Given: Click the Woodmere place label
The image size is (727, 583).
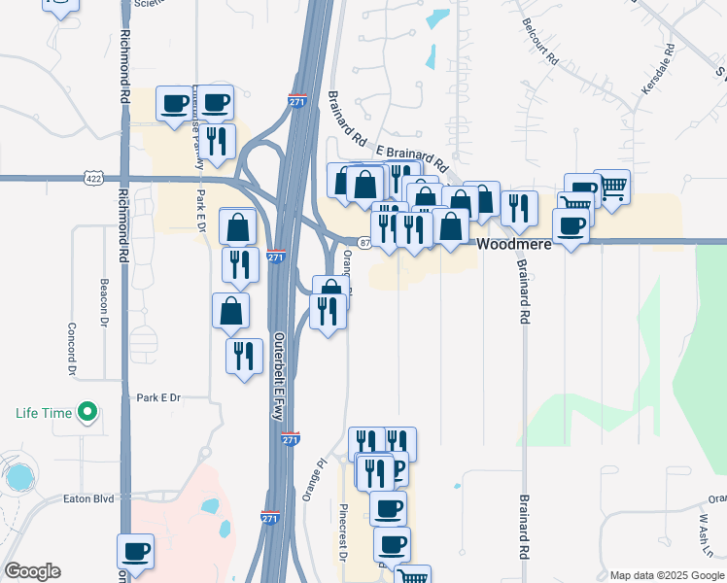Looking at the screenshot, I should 514,245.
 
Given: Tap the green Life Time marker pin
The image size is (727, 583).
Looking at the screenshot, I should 87,413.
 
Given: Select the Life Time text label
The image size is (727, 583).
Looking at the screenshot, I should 44,413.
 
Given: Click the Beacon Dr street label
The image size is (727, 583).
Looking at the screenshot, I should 103,293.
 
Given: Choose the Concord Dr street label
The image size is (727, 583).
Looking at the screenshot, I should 71,350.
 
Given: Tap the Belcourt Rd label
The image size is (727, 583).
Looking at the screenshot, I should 540,42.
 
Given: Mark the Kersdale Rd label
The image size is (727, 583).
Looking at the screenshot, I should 658,68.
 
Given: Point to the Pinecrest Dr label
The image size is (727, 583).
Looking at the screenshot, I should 343,532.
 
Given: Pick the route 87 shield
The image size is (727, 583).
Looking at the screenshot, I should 363,243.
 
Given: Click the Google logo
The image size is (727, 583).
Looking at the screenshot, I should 32,571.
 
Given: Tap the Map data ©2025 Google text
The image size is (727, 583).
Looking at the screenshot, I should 667,575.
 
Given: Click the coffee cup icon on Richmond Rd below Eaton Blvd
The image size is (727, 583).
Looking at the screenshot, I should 136,552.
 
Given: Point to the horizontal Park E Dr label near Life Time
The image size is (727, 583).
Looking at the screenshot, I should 159,397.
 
